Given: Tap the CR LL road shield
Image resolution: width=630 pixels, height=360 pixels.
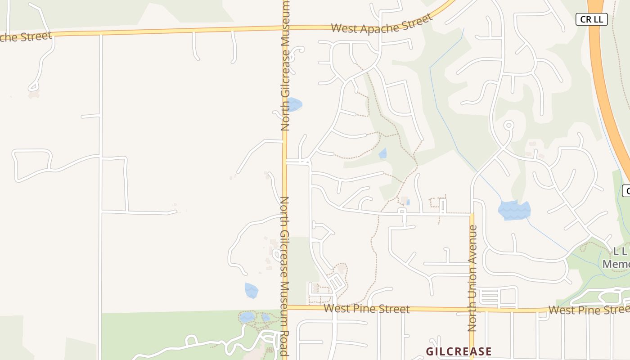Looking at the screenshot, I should tap(592, 19).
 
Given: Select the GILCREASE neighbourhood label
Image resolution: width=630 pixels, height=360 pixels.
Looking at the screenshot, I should tap(459, 351).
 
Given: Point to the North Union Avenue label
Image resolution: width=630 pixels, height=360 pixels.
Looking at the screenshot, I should tap(472, 278).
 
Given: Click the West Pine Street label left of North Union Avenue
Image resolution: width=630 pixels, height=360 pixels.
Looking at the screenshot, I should tap(366, 309).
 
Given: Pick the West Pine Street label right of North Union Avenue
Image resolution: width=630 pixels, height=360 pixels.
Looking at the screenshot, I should tap(587, 310).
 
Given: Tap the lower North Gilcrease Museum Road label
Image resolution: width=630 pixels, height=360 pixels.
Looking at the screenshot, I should tap(284, 275).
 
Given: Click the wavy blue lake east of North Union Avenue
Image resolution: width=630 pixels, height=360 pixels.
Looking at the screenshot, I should tap(514, 210).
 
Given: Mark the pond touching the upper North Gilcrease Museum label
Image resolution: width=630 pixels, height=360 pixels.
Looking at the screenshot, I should tap(294, 104).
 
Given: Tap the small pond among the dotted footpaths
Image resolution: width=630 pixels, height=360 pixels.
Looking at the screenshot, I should tap(382, 154).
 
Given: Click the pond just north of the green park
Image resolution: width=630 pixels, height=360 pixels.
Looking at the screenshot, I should tap(251, 290).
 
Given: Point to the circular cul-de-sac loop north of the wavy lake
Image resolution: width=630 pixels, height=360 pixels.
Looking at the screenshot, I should tap(508, 125).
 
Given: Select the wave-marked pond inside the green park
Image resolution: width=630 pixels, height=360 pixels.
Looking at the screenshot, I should tap(247, 317).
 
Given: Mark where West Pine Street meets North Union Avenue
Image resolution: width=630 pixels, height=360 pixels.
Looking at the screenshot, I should tap(472, 310).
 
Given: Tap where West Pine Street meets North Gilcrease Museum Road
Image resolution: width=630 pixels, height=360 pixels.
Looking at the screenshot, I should tap(285, 307).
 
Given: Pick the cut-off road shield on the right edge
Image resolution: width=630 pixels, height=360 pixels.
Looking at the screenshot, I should tap(626, 190).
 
